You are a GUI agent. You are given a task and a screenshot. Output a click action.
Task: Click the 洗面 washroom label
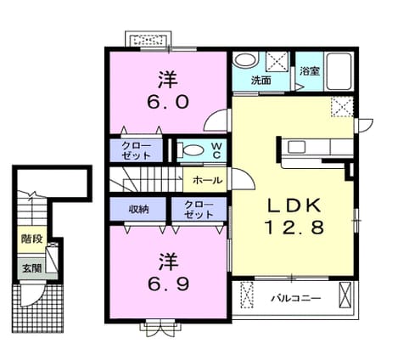261,81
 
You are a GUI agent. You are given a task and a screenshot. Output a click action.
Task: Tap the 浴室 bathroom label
310,71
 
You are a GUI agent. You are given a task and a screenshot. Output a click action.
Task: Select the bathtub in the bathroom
339,71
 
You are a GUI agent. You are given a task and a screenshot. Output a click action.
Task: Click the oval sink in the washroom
246,60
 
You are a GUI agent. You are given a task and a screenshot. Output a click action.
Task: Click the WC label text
216,150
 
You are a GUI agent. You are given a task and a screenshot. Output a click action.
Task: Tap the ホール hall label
207,180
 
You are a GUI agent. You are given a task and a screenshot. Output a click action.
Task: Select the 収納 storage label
139,210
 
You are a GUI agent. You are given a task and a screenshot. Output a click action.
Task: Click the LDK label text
294,205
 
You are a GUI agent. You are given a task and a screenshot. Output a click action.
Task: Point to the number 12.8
294,228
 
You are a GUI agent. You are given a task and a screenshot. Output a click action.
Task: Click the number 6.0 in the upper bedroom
168,102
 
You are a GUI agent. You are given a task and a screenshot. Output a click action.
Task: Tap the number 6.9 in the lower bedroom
168,284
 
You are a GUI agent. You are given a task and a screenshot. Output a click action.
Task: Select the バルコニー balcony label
296,298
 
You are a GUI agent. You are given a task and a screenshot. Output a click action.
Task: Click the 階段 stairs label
32,239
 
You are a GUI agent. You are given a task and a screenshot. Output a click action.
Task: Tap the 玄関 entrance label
32,268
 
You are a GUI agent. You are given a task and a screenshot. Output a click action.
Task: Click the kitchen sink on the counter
296,147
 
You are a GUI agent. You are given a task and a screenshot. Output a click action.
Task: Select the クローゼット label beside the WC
136,150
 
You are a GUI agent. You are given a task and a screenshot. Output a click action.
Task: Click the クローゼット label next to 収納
199,210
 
